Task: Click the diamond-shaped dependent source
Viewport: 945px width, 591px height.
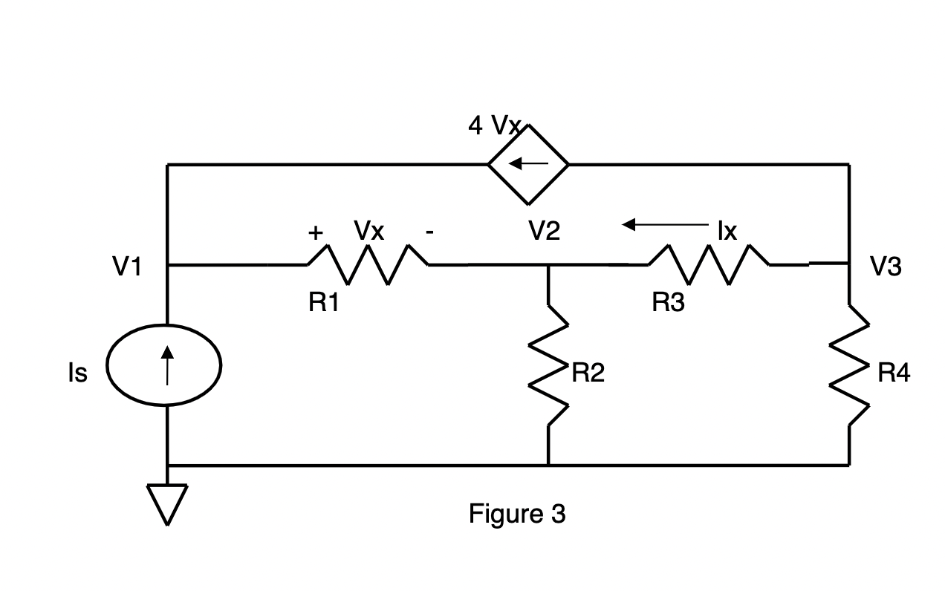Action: click(x=528, y=163)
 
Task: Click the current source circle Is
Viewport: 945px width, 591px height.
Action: click(x=164, y=364)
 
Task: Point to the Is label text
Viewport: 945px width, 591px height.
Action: click(x=77, y=373)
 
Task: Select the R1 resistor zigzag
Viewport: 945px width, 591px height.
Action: click(x=367, y=264)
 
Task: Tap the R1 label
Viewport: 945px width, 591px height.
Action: click(x=324, y=302)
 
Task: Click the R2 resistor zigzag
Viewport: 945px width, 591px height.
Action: click(x=549, y=364)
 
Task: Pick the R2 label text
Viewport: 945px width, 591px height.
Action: click(x=588, y=373)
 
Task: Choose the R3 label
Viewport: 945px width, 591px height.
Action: click(x=668, y=302)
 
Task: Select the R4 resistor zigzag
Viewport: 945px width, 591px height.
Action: click(x=849, y=364)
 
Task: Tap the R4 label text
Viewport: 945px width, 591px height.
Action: click(x=893, y=373)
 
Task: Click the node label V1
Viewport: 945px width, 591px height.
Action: click(x=126, y=267)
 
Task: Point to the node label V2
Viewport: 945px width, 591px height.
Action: click(x=545, y=232)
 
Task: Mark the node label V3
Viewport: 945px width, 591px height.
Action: click(x=886, y=267)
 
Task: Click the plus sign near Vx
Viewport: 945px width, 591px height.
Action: click(x=316, y=232)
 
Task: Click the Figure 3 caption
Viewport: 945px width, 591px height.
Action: click(x=517, y=513)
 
